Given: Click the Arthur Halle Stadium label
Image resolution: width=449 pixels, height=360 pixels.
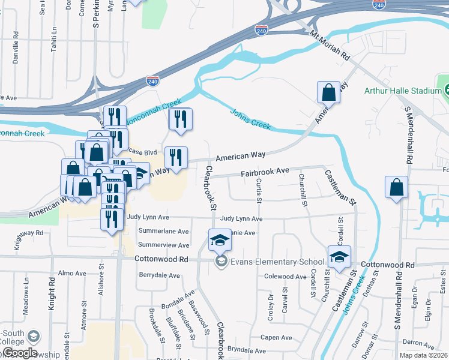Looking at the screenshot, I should click(403, 91).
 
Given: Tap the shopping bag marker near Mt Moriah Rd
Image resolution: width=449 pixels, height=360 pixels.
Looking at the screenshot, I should click(328, 93).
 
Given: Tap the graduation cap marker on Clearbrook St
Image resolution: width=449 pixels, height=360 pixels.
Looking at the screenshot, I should click(220, 241).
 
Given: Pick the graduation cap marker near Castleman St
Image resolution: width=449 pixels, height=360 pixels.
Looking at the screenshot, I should click(339, 257).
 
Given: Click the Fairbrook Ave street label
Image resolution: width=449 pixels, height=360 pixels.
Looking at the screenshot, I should click(265, 172).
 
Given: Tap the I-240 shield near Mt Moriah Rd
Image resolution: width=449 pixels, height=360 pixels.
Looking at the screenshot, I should click(261, 29).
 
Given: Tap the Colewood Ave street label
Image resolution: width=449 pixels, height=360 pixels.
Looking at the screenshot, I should click(286, 277).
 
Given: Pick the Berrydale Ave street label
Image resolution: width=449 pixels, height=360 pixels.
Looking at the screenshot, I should click(159, 275).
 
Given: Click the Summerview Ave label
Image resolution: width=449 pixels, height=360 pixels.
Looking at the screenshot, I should click(163, 245).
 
